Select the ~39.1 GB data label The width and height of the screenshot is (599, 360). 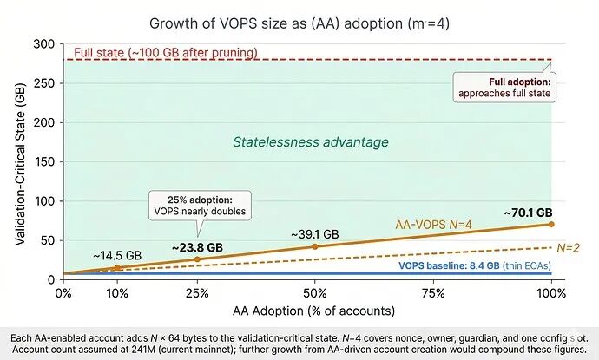(x=314, y=234)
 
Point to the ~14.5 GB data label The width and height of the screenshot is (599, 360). (x=118, y=255)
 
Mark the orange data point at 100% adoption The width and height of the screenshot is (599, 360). (x=551, y=224)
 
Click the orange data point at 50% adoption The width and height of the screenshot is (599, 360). (x=314, y=247)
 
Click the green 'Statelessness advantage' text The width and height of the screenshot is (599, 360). (x=310, y=142)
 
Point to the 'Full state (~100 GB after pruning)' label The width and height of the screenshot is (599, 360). (x=166, y=53)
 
